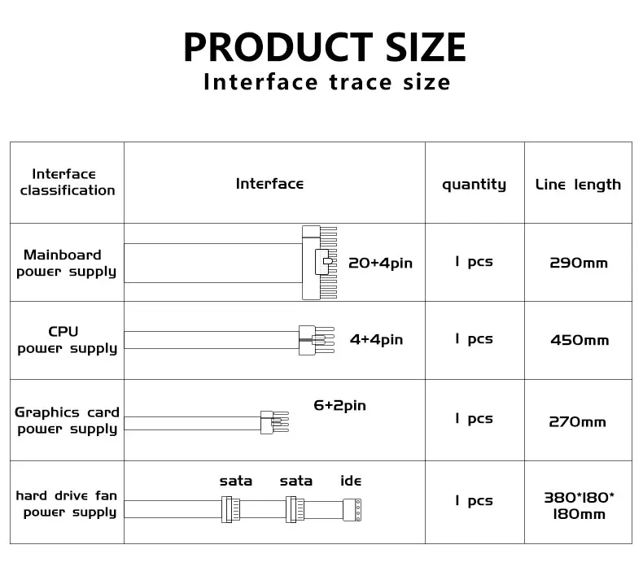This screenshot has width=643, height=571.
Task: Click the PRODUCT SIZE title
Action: tap(324, 46)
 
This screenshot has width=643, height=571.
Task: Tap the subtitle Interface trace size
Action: tap(326, 82)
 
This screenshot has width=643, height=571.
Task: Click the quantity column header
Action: tap(474, 185)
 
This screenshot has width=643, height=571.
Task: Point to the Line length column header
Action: tap(578, 185)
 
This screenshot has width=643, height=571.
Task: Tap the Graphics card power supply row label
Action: tap(68, 420)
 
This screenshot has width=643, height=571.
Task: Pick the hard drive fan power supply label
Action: tap(68, 503)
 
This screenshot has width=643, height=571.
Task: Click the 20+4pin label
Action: tap(380, 263)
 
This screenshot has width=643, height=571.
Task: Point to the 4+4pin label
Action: tap(376, 340)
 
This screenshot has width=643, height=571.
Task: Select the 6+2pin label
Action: tap(340, 405)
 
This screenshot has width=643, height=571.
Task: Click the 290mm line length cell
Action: tap(579, 263)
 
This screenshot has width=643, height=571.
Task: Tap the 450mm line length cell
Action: tap(579, 340)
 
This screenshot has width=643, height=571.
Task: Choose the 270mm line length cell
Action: tap(579, 421)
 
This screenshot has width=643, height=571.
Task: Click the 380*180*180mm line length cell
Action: tap(579, 505)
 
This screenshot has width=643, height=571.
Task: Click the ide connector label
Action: tap(351, 481)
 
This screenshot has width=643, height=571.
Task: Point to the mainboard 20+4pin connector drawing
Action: tap(319, 263)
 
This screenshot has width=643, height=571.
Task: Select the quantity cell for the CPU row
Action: tap(474, 339)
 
